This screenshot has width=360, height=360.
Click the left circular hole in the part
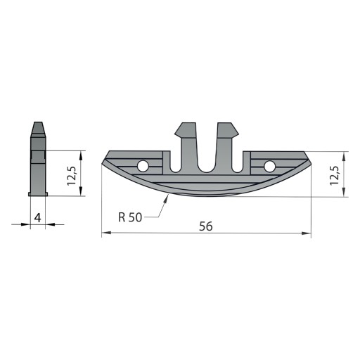(x=143, y=166)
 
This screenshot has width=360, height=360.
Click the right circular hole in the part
(x=269, y=166)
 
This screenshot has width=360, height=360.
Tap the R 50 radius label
(x=130, y=217)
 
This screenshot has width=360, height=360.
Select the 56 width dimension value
(x=206, y=226)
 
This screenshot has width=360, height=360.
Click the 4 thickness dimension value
(x=37, y=218)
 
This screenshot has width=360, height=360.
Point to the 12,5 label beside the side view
(x=71, y=176)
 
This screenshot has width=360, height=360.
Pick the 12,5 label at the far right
(x=334, y=176)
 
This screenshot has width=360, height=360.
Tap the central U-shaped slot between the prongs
(x=207, y=153)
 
